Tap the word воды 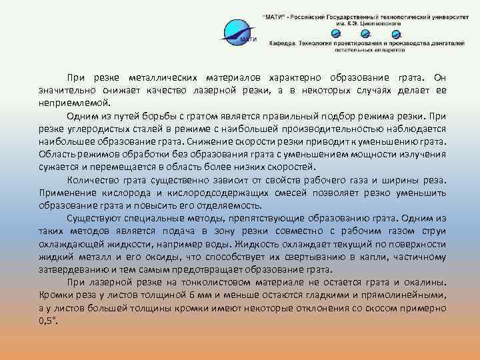point(236,243)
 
